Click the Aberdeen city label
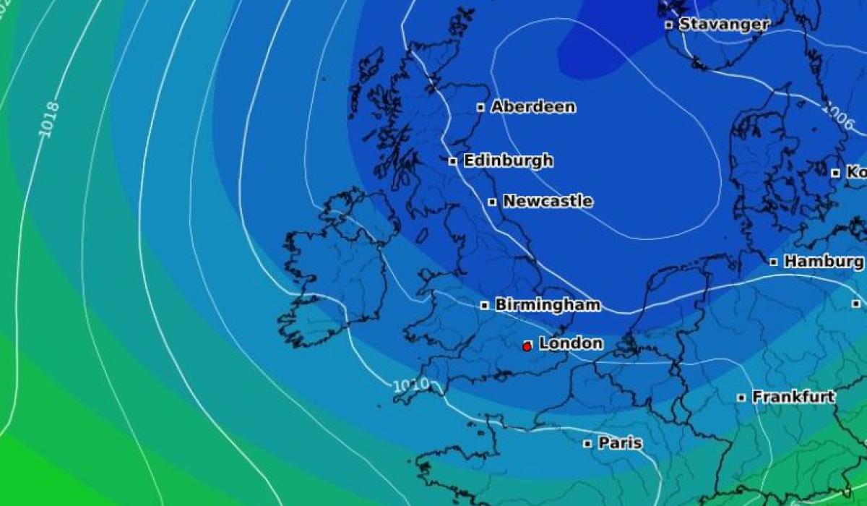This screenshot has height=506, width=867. click(533, 107)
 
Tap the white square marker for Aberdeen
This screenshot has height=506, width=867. click(480, 108)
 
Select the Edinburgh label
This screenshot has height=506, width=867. click(508, 160)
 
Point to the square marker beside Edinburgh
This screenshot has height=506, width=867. click(453, 161)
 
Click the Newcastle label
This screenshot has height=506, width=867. click(548, 201)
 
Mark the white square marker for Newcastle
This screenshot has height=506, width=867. click(492, 202)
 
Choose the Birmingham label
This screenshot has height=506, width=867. click(548, 305)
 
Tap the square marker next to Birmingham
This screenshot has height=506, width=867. click(485, 306)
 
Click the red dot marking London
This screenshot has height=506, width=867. click(527, 347)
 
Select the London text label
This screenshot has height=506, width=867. click(571, 343)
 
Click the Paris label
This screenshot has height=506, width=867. click(620, 443)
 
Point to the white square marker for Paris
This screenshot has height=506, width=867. click(587, 444)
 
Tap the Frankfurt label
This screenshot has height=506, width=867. click(793, 397)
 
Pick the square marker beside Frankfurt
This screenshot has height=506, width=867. click(741, 398)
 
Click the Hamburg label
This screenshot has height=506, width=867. click(824, 262)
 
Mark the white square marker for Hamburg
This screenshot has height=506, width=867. click(774, 262)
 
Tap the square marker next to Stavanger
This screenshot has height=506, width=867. click(669, 25)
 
